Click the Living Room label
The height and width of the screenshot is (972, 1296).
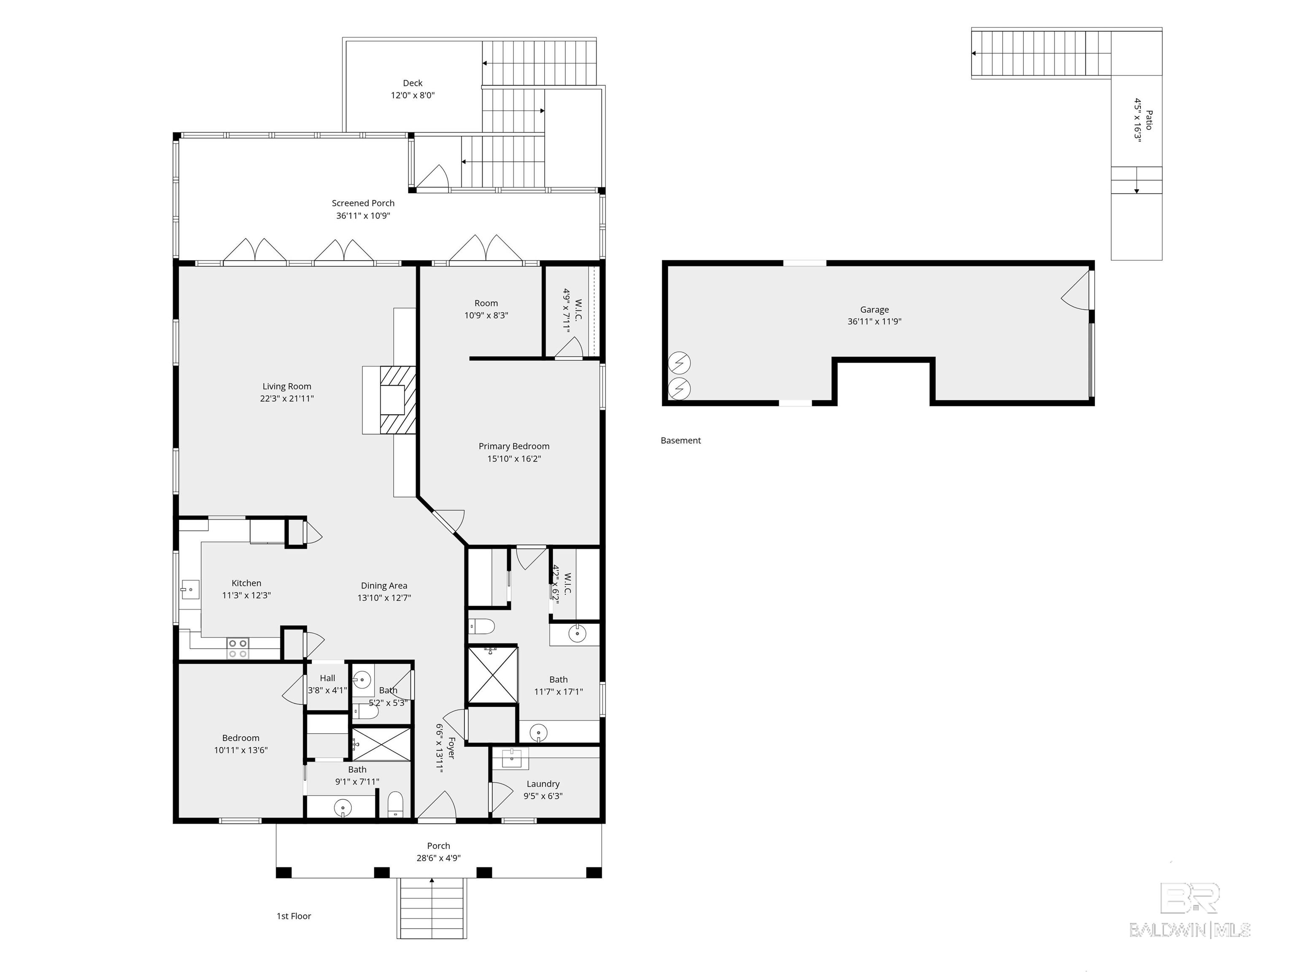click(286, 386)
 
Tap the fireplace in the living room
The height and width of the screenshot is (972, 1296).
click(398, 400)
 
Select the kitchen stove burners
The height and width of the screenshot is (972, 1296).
click(238, 648)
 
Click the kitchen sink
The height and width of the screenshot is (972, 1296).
click(189, 589)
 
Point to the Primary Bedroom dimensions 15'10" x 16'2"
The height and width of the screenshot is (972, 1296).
click(514, 458)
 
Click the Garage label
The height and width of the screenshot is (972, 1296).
click(874, 309)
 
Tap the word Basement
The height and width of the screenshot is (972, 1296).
click(680, 440)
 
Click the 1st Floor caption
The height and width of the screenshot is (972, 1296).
click(294, 916)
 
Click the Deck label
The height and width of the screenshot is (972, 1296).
click(413, 83)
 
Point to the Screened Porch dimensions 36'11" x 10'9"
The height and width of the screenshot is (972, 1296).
click(363, 216)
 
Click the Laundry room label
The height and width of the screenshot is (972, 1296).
click(543, 783)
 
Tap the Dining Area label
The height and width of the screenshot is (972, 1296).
click(384, 585)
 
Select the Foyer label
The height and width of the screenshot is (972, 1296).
click(451, 748)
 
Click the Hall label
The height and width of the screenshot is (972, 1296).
click(327, 678)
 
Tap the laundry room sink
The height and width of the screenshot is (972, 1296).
click(511, 759)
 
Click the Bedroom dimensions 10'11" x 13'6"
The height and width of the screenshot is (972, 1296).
click(241, 750)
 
